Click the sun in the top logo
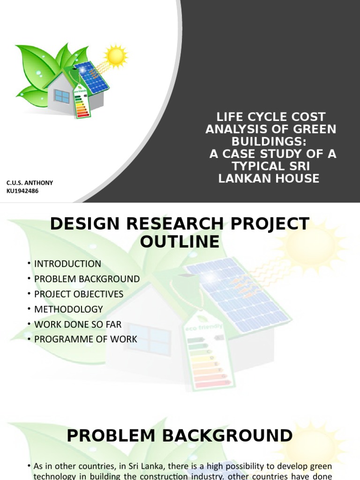pyautogui.click(x=115, y=56)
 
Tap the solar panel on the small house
pyautogui.click(x=91, y=77)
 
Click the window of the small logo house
pyautogui.click(x=61, y=96)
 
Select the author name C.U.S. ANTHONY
pyautogui.click(x=30, y=182)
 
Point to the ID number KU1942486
pyautogui.click(x=22, y=191)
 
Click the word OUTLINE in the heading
pyautogui.click(x=180, y=242)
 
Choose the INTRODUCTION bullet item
pyautogui.click(x=67, y=263)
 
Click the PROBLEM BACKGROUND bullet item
pyautogui.click(x=87, y=279)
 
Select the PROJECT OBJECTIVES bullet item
pyautogui.click(x=79, y=294)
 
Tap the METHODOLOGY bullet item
pyautogui.click(x=68, y=309)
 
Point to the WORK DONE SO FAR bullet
pyautogui.click(x=78, y=324)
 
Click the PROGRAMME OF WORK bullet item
pyautogui.click(x=86, y=339)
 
